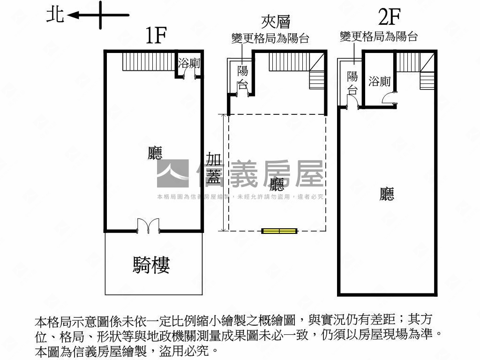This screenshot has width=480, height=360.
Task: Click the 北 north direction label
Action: coord(55,15)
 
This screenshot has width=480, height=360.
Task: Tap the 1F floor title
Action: coord(156,35)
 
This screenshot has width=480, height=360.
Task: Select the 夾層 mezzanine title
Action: coord(276,22)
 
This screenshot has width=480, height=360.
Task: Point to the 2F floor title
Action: coord(390,17)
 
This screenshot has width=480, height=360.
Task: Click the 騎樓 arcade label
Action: coord(151,265)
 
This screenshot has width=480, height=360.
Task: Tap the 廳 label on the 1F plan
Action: coord(155,153)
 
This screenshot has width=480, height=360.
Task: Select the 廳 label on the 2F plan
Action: coord(387,194)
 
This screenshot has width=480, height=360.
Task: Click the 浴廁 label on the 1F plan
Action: coord(189,63)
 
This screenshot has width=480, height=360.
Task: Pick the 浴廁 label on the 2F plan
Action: coord(380,82)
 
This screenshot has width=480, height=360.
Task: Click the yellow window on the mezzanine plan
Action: coord(279,231)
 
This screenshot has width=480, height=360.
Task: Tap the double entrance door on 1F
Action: coord(148,226)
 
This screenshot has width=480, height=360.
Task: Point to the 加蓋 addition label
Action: coord(213,168)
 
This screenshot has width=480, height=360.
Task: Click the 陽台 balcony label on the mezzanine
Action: coord(243,77)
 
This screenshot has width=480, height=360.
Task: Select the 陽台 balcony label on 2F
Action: coord(352,83)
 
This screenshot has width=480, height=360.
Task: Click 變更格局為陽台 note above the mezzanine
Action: coord(270,38)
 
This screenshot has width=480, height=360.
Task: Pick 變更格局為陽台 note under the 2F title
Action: coord(379,37)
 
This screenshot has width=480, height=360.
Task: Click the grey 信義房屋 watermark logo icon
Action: coord(173,173)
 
